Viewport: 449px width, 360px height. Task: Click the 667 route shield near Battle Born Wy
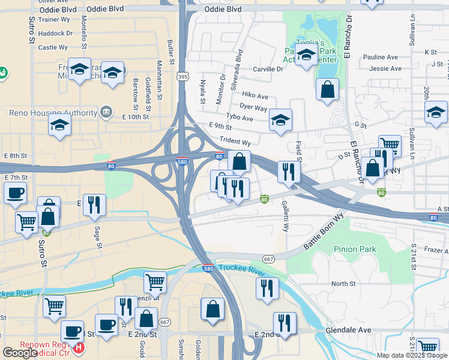(x=268, y=259)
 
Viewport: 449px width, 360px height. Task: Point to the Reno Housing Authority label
(x=53, y=113)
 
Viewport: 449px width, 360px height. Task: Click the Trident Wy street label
(x=235, y=142)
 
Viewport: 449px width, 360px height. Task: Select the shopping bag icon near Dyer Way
(x=327, y=90)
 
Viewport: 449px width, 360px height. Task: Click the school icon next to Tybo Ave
(x=280, y=120)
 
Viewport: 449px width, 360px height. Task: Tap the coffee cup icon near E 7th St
(x=15, y=193)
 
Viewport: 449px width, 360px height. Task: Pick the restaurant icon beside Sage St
(x=94, y=205)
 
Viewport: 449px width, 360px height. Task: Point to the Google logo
(x=20, y=352)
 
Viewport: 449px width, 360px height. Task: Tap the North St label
(x=343, y=284)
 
